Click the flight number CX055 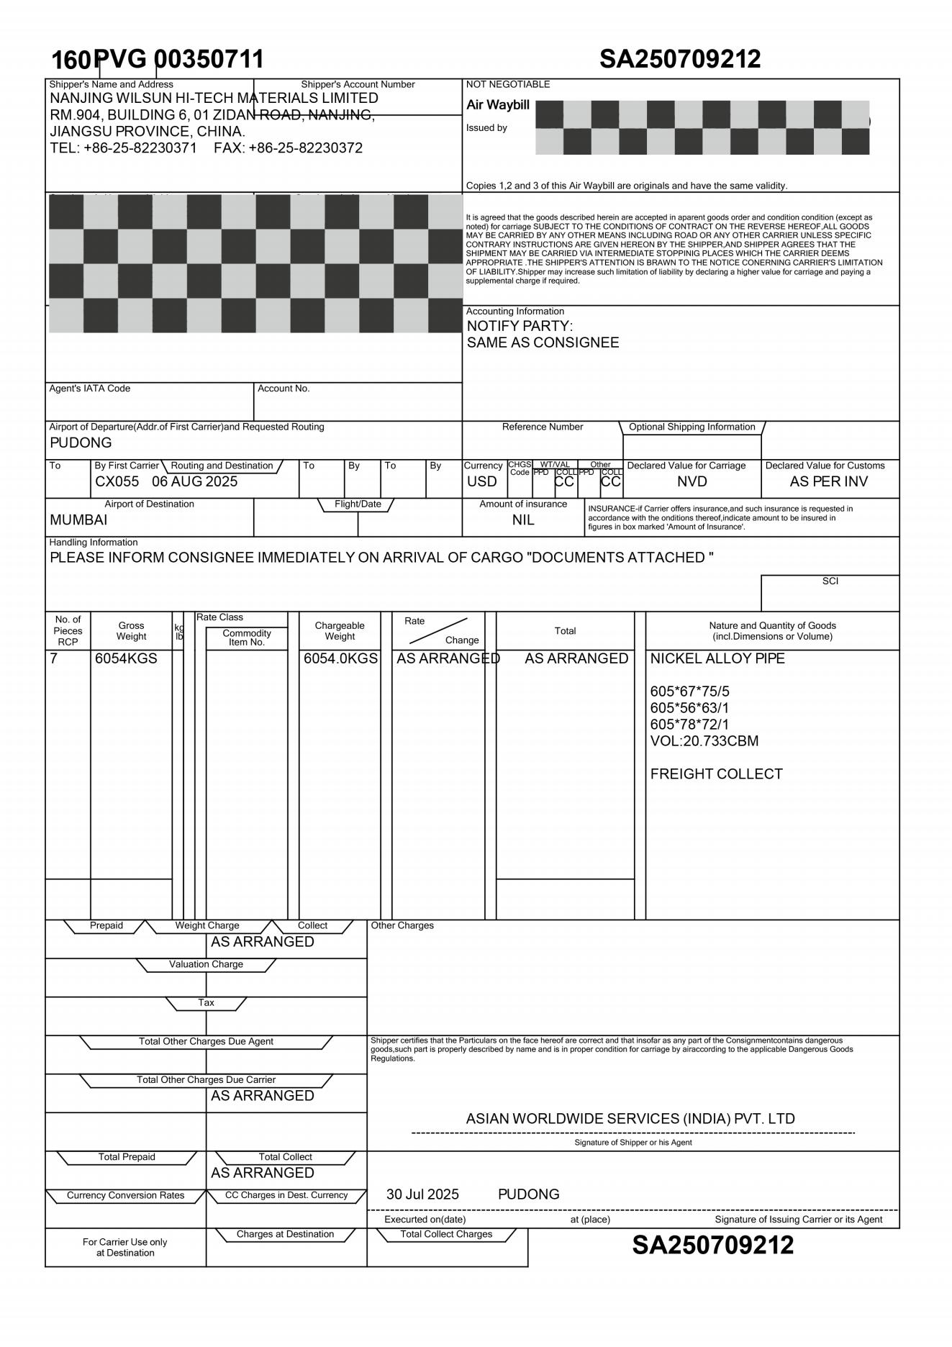(117, 481)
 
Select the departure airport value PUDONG (81, 443)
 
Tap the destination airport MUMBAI (78, 520)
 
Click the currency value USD (481, 481)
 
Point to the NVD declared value (692, 481)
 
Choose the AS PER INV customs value (828, 481)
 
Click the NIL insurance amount (523, 520)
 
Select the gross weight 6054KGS (126, 658)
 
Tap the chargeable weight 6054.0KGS (340, 658)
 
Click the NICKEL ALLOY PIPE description (717, 658)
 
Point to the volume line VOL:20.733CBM (704, 741)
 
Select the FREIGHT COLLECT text (716, 774)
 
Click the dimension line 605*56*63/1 (689, 708)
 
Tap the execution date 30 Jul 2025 (422, 1194)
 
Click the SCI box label (830, 581)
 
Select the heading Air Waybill (497, 105)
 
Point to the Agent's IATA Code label (90, 389)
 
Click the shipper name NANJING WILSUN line (214, 98)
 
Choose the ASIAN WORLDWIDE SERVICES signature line (630, 1119)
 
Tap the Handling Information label (94, 543)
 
